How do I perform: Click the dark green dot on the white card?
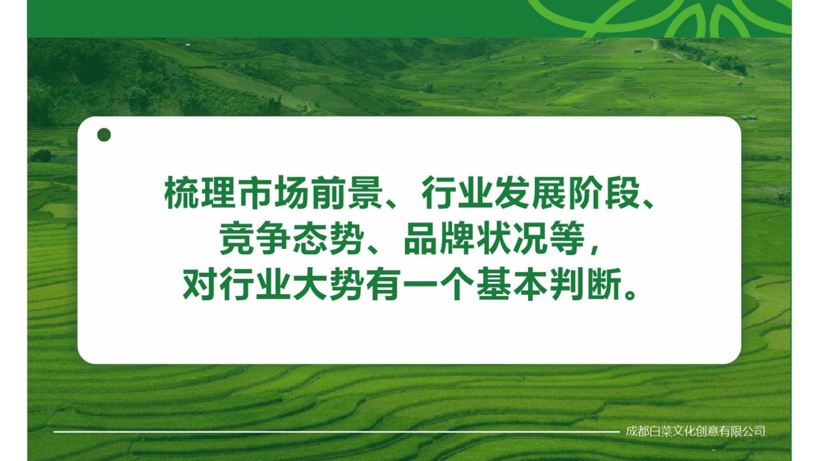click(x=104, y=135)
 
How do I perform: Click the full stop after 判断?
click(x=630, y=295)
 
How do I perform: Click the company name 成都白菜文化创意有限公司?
click(x=695, y=431)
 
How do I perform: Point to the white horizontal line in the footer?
click(x=337, y=432)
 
